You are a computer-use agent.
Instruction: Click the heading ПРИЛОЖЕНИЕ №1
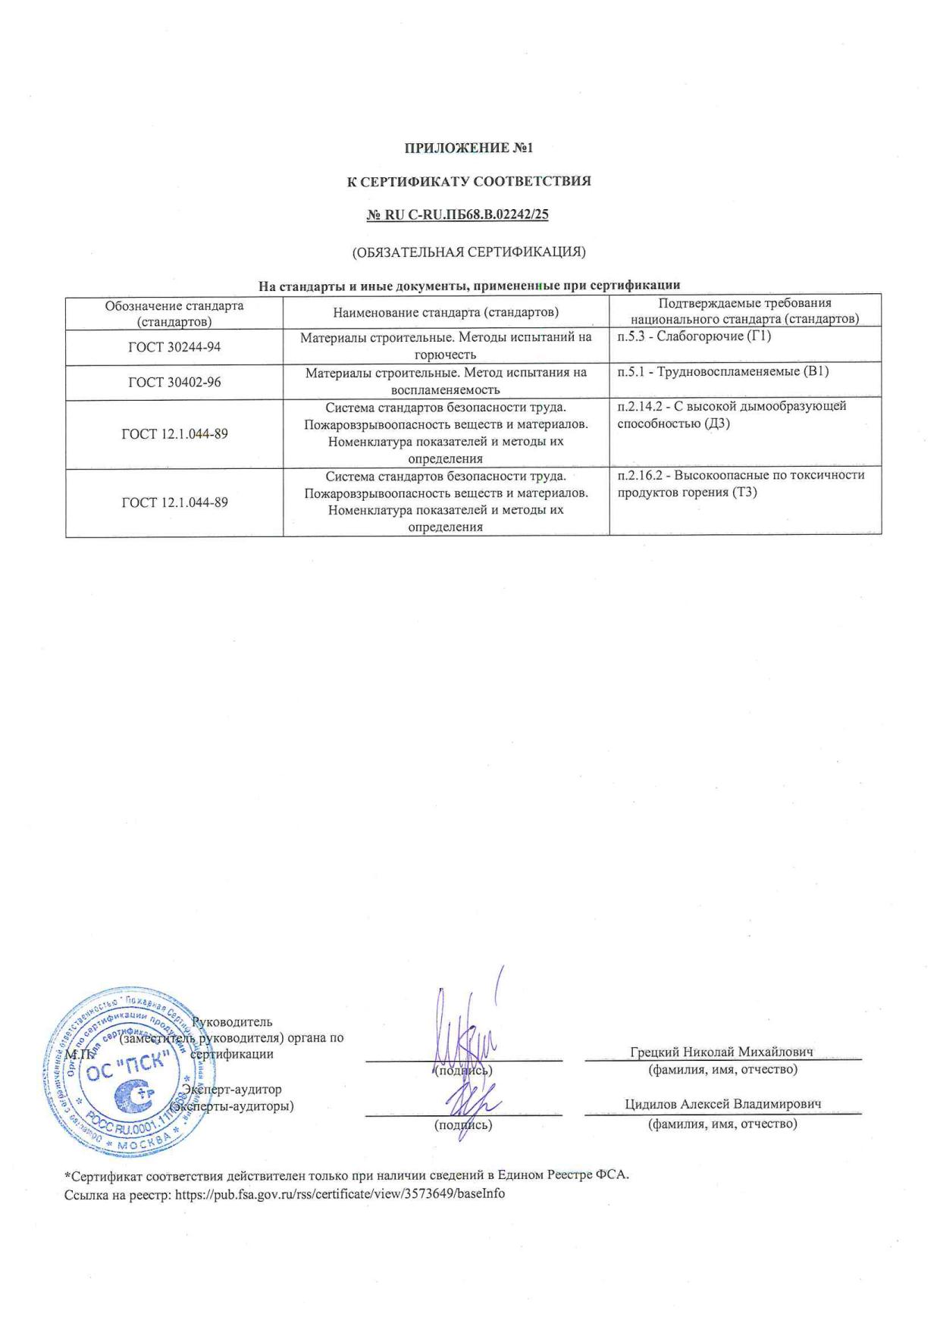coord(469,148)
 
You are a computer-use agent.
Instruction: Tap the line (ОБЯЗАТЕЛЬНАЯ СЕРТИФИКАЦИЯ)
coord(468,252)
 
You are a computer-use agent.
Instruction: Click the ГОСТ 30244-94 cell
coord(174,347)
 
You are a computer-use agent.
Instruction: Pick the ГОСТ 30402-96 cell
coord(174,382)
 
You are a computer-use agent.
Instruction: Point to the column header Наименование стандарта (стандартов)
coord(446,312)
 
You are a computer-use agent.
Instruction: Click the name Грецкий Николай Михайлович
coord(721,1052)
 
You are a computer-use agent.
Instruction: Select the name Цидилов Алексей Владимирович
coord(722,1104)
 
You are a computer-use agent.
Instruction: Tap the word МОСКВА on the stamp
coord(142,1144)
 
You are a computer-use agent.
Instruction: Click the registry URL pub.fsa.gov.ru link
coord(340,1193)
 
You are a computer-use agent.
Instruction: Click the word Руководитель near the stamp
coord(233,1022)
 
